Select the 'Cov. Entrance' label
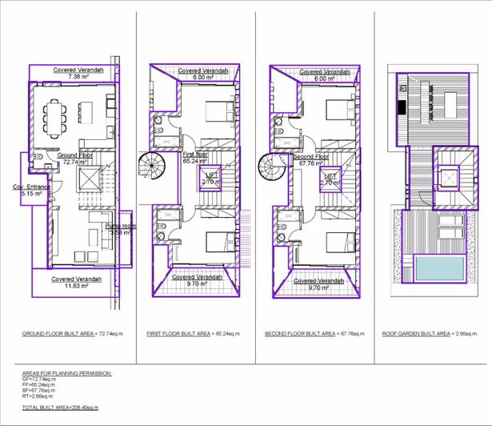coord(31,190)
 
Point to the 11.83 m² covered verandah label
coord(76,282)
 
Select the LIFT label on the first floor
coord(212,178)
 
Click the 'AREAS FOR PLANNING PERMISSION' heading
coord(67,373)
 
